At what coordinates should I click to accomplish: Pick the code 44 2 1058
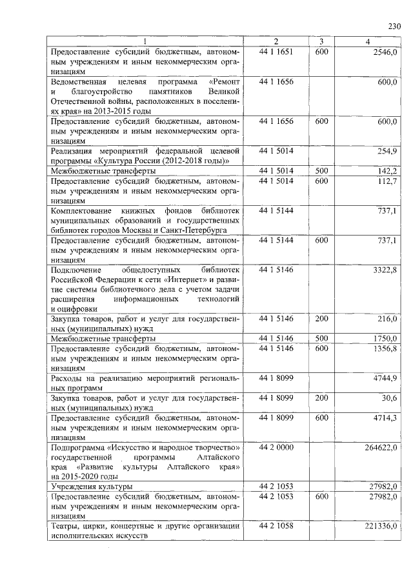(276, 527)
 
